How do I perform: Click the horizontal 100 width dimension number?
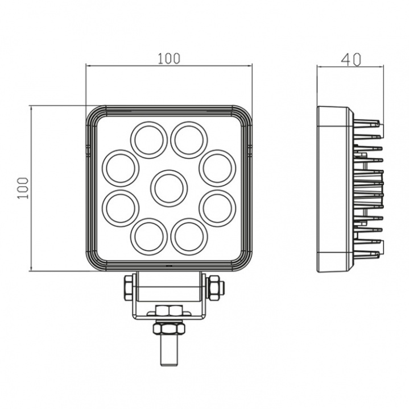169,58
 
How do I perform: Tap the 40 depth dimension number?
350,60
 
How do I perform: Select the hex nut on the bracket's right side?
214,287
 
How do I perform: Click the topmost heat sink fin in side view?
368,122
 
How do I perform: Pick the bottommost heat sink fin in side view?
368,254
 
